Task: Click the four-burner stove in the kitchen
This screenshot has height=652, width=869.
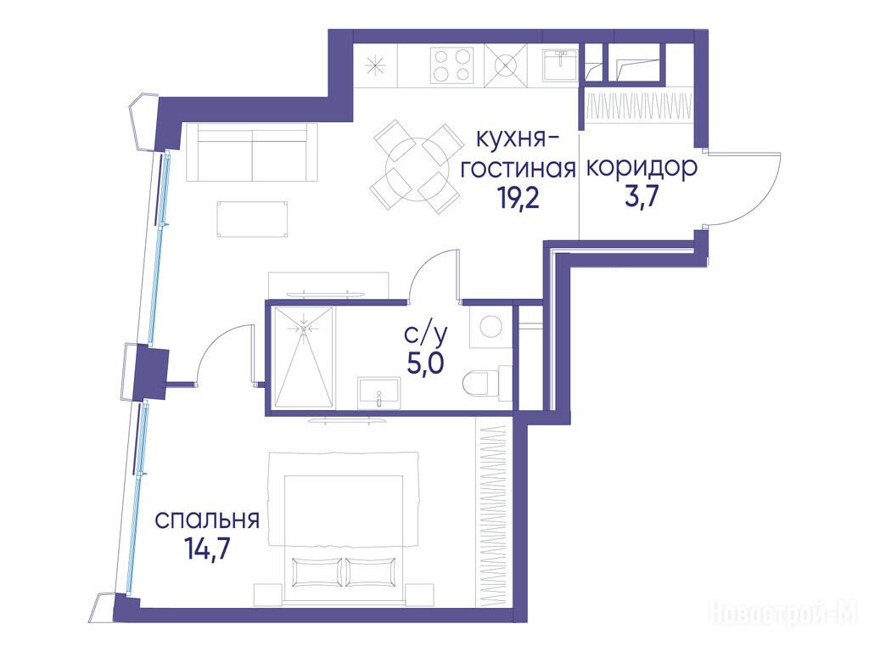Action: click(x=452, y=65)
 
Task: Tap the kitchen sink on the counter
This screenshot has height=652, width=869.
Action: click(x=561, y=65)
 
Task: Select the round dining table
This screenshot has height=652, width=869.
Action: click(x=416, y=168)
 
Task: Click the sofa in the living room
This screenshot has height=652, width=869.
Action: click(x=246, y=152)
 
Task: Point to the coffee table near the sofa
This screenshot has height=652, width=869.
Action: click(x=253, y=220)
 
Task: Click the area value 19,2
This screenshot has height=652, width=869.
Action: click(x=519, y=197)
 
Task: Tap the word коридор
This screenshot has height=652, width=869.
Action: click(x=642, y=168)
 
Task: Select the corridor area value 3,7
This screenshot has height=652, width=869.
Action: click(x=642, y=197)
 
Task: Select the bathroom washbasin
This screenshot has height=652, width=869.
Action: click(x=379, y=393)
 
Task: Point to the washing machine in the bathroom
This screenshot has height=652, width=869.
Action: click(x=491, y=327)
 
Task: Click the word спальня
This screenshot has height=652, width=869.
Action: click(x=207, y=521)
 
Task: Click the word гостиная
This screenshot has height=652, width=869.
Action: click(x=519, y=168)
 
